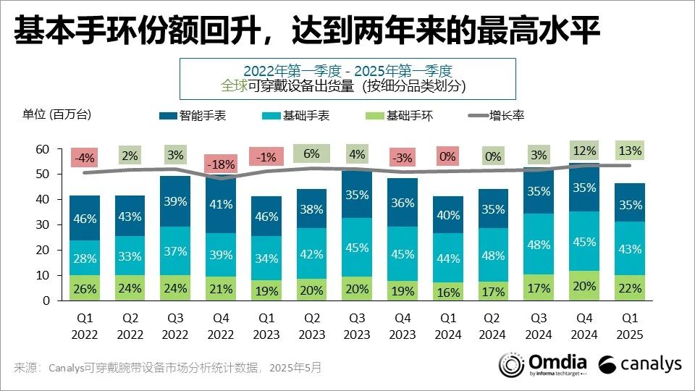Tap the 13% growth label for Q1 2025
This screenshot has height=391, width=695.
coord(629,151)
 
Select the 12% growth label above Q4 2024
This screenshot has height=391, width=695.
coord(585,151)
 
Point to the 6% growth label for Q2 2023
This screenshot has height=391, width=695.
coord(311,154)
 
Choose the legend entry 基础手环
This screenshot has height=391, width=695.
coord(400,116)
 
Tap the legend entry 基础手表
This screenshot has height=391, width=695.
coord(295,116)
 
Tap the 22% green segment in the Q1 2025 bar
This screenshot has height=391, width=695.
coord(629,287)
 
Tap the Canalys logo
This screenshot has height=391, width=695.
coord(641,363)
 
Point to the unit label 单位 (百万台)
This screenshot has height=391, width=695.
coord(57,114)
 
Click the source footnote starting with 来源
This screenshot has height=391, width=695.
coord(167,368)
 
